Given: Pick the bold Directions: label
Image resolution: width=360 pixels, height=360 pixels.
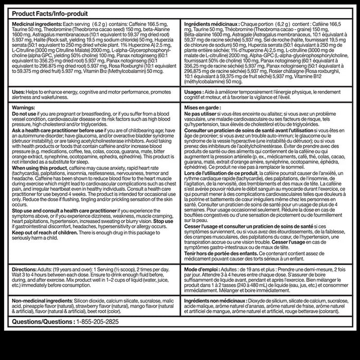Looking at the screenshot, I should [x=26, y=269].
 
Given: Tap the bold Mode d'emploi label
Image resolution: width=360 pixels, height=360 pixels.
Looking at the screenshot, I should [x=203, y=269].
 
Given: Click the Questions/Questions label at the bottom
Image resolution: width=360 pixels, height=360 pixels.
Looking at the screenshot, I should [x=41, y=322].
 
